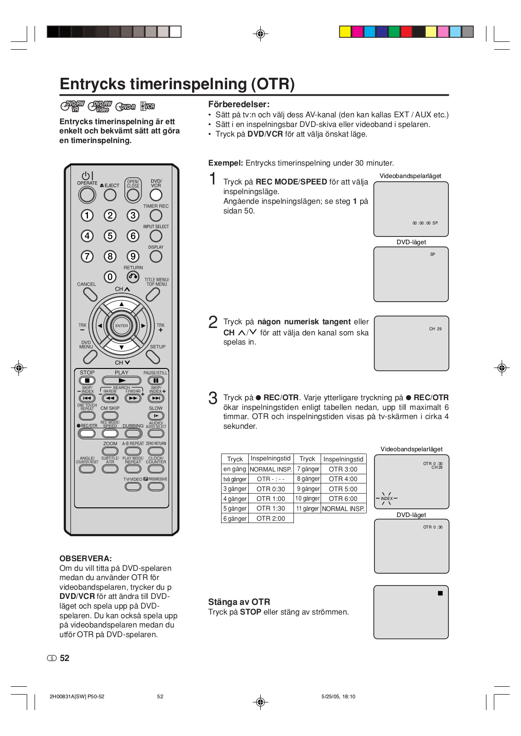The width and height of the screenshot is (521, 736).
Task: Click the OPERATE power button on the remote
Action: tap(87, 195)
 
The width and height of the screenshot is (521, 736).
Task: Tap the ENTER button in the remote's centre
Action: tap(122, 326)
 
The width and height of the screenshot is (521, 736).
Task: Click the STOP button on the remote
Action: tap(87, 380)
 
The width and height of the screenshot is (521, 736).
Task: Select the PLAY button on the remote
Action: tap(122, 380)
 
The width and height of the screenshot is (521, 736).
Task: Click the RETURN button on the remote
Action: tap(133, 276)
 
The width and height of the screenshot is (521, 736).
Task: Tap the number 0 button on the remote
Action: tap(110, 277)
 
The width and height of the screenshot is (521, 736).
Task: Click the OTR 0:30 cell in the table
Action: tap(270, 489)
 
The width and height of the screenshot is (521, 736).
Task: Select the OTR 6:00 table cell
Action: tap(343, 499)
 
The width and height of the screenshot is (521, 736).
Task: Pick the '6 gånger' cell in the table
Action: tap(234, 518)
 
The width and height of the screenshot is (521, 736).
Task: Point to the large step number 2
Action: tap(213, 322)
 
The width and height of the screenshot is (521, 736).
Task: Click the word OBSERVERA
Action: tap(86, 558)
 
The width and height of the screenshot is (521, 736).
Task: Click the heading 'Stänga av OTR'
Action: tap(239, 602)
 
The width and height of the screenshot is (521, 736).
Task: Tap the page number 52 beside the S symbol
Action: tap(64, 658)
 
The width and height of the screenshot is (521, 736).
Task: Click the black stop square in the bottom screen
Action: tap(440, 593)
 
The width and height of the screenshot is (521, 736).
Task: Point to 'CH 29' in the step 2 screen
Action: tap(435, 329)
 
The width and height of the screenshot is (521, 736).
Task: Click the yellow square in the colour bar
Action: tap(345, 32)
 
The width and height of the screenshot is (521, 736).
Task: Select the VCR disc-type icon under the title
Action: tap(148, 106)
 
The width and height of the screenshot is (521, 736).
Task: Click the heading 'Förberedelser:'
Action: tap(239, 104)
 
